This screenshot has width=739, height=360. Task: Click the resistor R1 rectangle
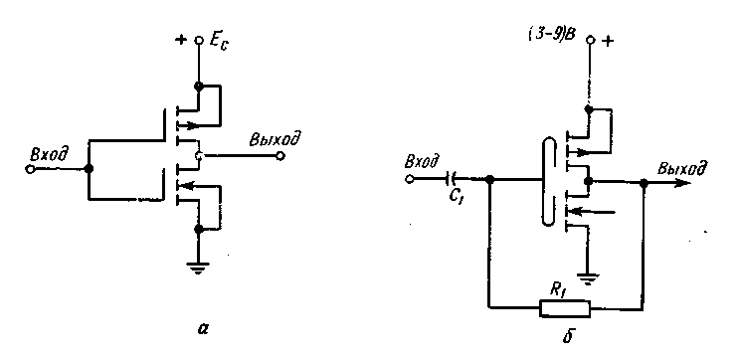(565, 308)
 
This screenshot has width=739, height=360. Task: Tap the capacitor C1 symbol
(452, 178)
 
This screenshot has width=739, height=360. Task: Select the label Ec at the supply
(217, 44)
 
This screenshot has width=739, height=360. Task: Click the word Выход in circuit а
(276, 140)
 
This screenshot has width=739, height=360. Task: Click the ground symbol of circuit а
(198, 269)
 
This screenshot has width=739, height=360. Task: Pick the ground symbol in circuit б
(588, 279)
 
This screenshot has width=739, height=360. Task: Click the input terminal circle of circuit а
(30, 169)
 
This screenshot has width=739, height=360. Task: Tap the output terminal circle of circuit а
(280, 156)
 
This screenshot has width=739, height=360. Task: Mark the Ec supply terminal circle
(199, 41)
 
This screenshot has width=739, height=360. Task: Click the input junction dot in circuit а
(88, 169)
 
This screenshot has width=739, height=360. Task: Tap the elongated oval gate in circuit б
(548, 181)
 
